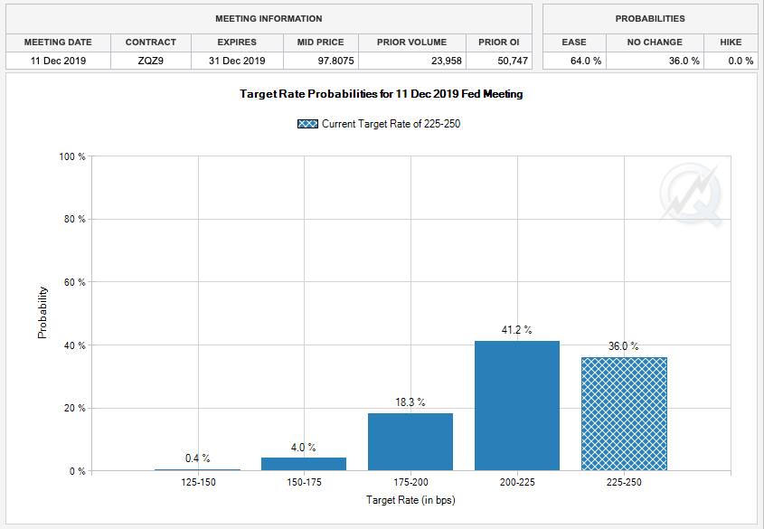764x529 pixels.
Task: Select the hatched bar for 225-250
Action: point(624,413)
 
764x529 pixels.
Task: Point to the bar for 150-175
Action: point(304,464)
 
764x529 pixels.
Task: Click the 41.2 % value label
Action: point(517,331)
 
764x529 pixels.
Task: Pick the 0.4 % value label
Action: point(197,458)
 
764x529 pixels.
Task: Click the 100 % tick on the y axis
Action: point(72,156)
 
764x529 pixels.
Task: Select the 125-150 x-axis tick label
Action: point(197,483)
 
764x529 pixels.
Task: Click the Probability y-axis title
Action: point(42,313)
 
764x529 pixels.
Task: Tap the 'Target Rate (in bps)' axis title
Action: point(410,499)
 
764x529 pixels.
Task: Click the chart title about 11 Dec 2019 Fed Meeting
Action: point(381,94)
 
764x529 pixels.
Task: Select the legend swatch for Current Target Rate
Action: point(307,124)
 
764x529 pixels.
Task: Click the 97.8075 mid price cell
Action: point(320,61)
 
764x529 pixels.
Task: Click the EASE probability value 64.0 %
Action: point(573,61)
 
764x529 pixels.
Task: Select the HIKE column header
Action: point(731,43)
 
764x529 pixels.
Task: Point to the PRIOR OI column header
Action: point(499,43)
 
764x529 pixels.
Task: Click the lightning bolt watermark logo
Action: point(691,194)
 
